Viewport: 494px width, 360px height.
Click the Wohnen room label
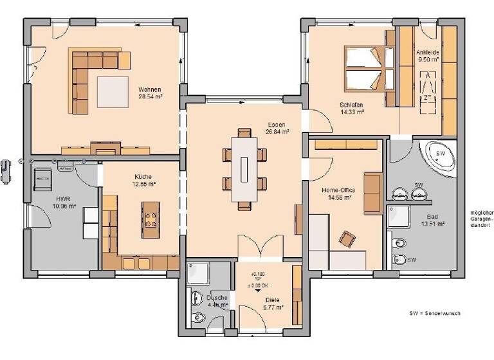149,93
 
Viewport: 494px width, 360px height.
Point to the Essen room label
277,127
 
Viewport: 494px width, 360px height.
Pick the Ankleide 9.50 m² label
427,55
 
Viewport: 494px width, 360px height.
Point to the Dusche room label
217,301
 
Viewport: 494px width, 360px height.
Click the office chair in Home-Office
347,239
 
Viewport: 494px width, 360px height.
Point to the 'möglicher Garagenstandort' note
481,219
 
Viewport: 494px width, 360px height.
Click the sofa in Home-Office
372,192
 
